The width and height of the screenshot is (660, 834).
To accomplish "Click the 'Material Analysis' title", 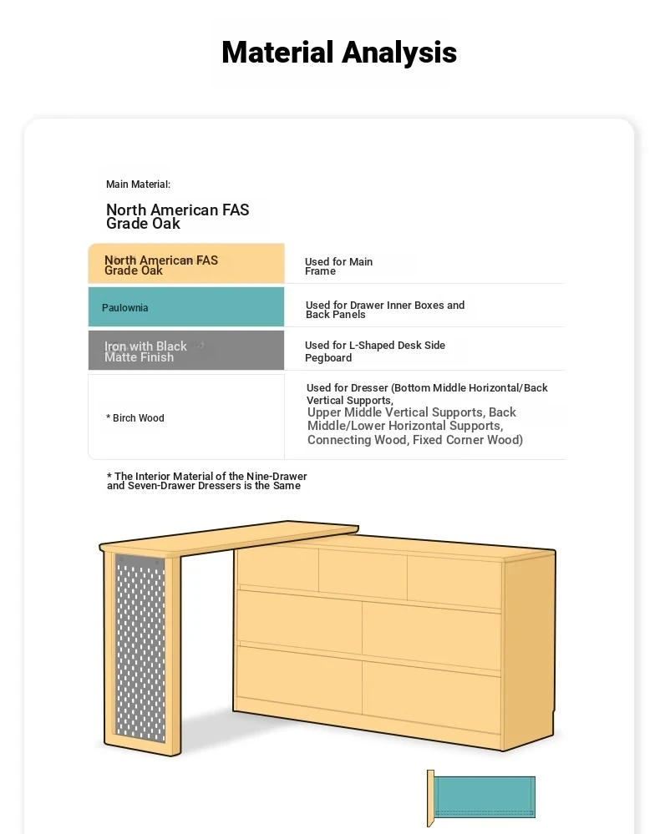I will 338,53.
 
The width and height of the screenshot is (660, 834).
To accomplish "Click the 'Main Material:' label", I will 138,184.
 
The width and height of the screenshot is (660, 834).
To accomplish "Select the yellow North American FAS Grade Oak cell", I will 185,265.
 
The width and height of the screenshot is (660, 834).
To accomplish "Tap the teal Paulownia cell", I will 185,307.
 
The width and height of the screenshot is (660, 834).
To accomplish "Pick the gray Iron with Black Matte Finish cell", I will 185,351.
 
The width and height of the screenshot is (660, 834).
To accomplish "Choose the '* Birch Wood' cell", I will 185,417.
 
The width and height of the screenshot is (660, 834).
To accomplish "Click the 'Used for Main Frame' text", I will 338,266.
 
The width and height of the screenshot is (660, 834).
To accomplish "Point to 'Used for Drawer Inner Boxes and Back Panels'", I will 384,310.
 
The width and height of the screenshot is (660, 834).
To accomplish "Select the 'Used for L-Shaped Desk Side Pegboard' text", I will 374,351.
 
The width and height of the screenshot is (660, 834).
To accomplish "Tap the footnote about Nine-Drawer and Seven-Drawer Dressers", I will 206,481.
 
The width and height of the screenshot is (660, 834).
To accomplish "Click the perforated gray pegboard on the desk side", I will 140,647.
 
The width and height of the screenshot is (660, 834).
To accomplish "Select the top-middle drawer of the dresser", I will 363,574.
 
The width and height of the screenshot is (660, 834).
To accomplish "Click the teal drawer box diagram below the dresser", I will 485,796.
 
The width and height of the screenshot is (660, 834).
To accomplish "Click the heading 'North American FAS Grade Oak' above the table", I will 177,216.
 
